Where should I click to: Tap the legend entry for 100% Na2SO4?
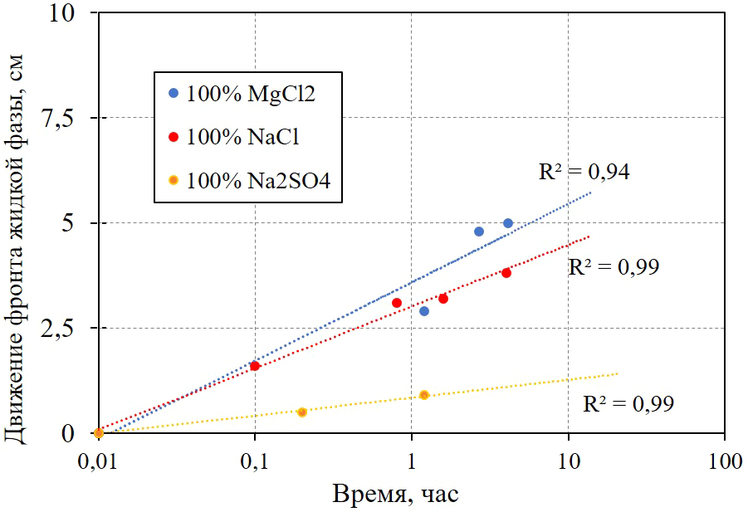(x=248, y=179)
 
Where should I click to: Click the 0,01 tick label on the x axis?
(x=99, y=461)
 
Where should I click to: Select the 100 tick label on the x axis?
(x=725, y=461)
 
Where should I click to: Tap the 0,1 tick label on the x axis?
(x=255, y=461)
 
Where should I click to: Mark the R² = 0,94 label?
(x=584, y=173)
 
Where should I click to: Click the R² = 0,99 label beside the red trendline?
(x=614, y=268)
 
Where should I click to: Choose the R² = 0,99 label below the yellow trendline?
(x=628, y=405)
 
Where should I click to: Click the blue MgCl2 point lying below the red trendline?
(x=424, y=311)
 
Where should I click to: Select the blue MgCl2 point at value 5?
(x=508, y=223)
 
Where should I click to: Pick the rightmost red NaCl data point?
(x=506, y=273)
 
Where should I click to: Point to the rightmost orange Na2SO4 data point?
(x=424, y=395)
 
